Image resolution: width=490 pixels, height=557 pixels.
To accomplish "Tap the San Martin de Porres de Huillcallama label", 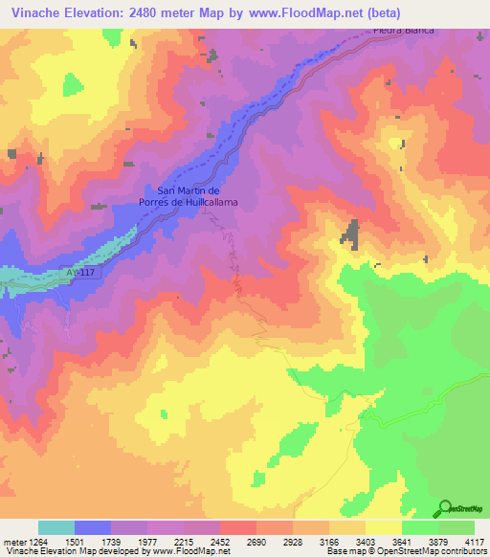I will pyautogui.click(x=196, y=196).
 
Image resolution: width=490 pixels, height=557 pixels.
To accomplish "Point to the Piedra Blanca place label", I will pyautogui.click(x=402, y=30).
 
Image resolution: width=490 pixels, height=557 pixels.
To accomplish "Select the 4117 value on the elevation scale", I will pyautogui.click(x=475, y=541).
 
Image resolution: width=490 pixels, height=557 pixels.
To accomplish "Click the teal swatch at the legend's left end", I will pyautogui.click(x=56, y=527).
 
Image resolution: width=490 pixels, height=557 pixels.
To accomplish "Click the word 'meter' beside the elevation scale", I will pyautogui.click(x=12, y=541).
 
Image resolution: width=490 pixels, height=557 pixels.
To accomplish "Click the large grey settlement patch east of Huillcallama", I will pyautogui.click(x=351, y=234).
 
